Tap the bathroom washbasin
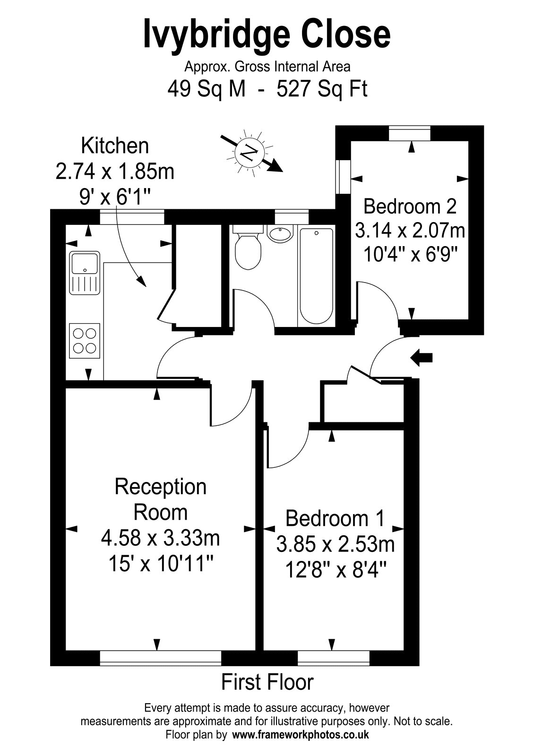[x=279, y=233]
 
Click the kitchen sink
[x=85, y=273]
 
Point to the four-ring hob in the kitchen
[x=85, y=341]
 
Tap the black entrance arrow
[x=421, y=357]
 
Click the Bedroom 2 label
[x=410, y=206]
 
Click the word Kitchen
[x=115, y=146]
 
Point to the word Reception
[x=160, y=487]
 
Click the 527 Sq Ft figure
[x=322, y=89]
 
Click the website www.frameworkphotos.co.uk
[x=301, y=734]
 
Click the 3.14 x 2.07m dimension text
[x=410, y=231]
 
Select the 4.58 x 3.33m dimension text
[x=160, y=538]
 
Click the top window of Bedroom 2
[x=410, y=133]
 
